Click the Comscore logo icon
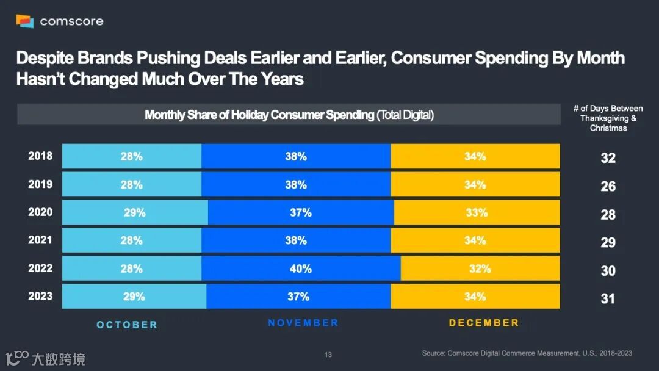(x=24, y=21)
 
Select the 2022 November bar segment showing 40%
(x=301, y=268)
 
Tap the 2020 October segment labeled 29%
(x=135, y=212)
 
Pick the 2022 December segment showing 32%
(x=480, y=268)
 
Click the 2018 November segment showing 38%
(x=296, y=156)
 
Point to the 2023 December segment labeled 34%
(x=475, y=297)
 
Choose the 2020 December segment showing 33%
(x=477, y=212)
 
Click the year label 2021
(x=40, y=240)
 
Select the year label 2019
(x=40, y=184)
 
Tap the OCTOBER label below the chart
(x=127, y=325)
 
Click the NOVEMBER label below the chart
(x=303, y=323)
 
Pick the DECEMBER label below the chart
(x=484, y=323)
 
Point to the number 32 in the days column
(x=608, y=158)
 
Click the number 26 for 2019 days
(x=608, y=186)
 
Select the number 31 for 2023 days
(x=608, y=298)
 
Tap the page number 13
(x=328, y=355)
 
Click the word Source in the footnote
(x=434, y=353)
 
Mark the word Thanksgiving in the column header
(x=604, y=118)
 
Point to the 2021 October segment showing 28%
(x=131, y=240)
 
